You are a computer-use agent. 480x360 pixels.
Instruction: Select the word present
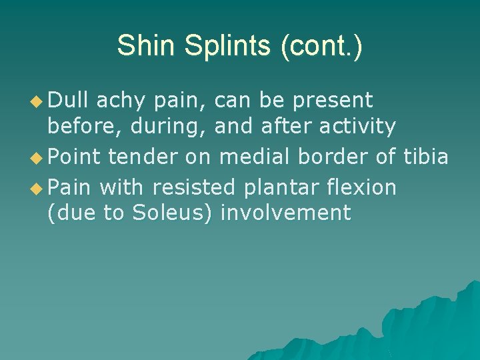click(x=333, y=101)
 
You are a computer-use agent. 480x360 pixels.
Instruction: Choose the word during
click(x=169, y=127)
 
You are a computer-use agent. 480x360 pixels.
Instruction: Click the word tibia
click(x=426, y=156)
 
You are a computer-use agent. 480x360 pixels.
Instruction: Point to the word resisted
click(x=194, y=187)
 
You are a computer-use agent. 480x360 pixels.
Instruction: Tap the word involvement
click(x=285, y=213)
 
